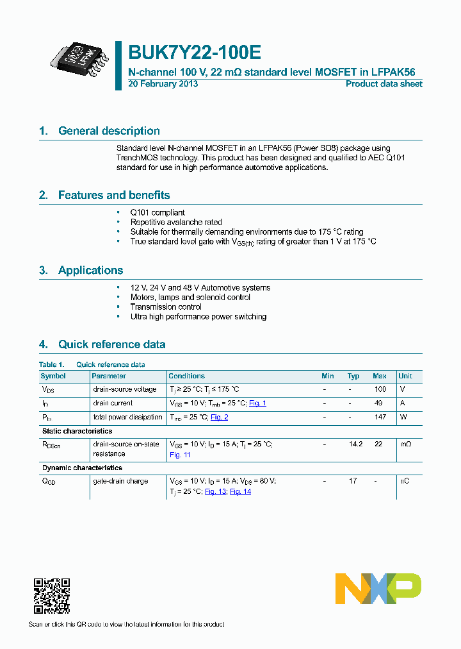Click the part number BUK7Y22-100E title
[195, 52]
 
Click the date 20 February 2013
[163, 84]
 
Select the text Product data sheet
[384, 84]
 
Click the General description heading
[109, 131]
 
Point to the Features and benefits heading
[114, 195]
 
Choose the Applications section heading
[90, 270]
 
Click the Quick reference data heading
[111, 344]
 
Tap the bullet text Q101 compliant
[158, 212]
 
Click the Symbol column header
[53, 376]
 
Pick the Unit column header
[405, 376]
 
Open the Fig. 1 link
[257, 403]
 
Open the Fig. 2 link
[220, 417]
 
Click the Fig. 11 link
[180, 455]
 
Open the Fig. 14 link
[240, 491]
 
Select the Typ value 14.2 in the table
[353, 444]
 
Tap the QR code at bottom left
[51, 596]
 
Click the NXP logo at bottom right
[378, 589]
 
